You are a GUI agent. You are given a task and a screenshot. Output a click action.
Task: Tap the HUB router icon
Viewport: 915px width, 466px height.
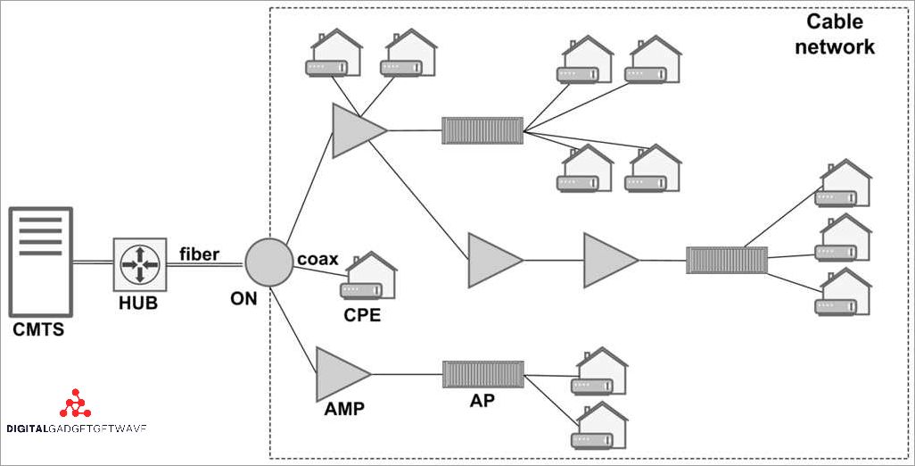pyautogui.click(x=140, y=265)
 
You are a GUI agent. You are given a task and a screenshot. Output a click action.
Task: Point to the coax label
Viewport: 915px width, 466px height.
pyautogui.click(x=318, y=258)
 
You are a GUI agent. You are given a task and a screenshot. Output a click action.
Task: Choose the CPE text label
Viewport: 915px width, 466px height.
pyautogui.click(x=362, y=314)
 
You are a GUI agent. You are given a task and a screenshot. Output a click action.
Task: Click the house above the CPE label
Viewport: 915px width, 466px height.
pyautogui.click(x=370, y=276)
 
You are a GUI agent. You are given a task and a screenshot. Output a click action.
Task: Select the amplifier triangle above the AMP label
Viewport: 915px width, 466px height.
pyautogui.click(x=340, y=373)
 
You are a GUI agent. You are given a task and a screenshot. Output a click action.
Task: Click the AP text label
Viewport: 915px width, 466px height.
pyautogui.click(x=482, y=401)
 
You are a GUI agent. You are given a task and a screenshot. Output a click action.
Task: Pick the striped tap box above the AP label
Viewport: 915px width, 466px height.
pyautogui.click(x=482, y=373)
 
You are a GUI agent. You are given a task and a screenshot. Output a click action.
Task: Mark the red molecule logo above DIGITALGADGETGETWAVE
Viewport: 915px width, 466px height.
pyautogui.click(x=75, y=404)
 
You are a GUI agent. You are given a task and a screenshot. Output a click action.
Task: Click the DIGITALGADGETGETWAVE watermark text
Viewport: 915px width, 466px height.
pyautogui.click(x=76, y=429)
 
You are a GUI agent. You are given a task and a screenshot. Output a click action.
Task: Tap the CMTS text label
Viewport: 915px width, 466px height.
pyautogui.click(x=38, y=330)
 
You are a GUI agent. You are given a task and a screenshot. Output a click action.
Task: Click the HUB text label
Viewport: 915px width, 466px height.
pyautogui.click(x=138, y=304)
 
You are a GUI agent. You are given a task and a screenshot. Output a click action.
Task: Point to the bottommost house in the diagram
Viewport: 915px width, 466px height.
pyautogui.click(x=601, y=427)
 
